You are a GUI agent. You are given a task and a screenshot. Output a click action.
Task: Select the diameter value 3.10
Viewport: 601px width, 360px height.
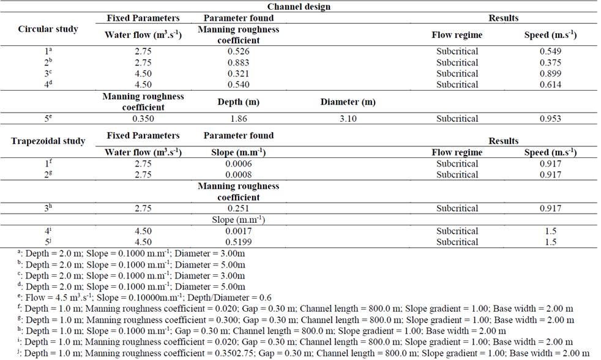coord(347,119)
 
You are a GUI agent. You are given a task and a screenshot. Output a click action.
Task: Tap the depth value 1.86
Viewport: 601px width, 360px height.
coord(238,119)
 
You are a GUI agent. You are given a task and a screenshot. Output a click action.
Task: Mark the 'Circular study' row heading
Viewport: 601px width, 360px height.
coord(48,29)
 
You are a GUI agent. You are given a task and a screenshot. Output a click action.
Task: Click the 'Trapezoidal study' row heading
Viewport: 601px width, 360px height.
coord(48,141)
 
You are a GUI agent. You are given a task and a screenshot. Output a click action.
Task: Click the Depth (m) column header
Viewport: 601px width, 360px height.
coord(238,102)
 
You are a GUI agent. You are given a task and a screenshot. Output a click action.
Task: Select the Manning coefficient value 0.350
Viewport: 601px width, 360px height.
coord(143,119)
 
